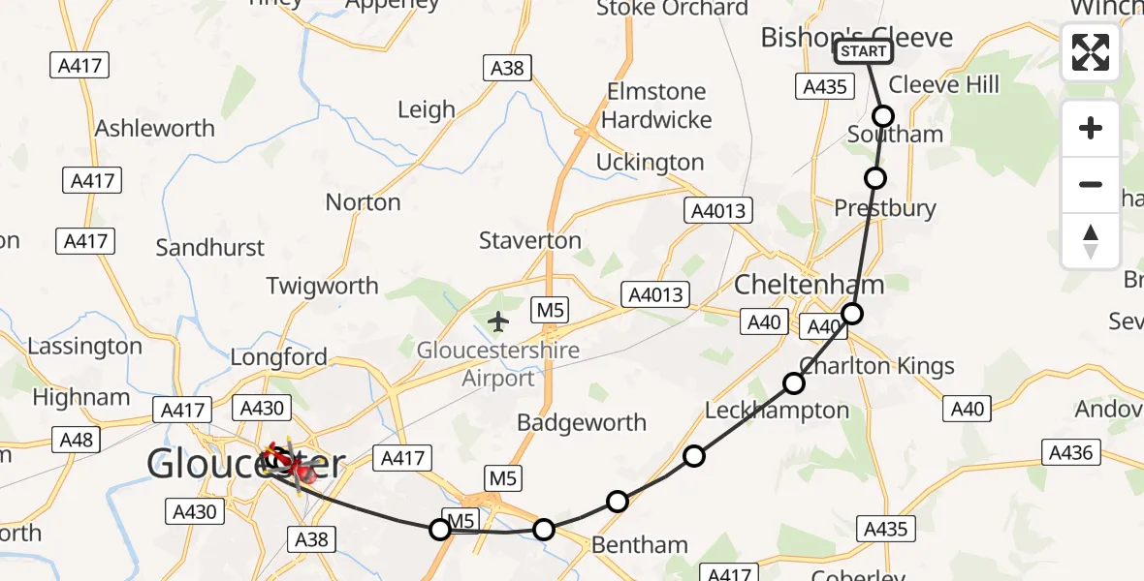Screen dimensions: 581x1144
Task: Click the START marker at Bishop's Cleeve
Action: pos(863,51)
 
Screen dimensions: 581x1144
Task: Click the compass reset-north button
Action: pos(1091,241)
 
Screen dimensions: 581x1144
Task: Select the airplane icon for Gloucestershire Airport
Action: pos(499,321)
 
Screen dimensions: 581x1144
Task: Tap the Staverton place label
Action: pos(529,240)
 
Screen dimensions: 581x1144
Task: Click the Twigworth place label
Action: pos(323,286)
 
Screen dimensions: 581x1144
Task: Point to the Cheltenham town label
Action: pos(810,285)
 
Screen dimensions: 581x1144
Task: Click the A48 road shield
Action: pos(76,441)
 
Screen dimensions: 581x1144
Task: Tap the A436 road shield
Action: pos(1070,451)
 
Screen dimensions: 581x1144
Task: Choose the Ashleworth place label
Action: pos(155,129)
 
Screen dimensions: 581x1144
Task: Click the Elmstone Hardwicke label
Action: pos(658,106)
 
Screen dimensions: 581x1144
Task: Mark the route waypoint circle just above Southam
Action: pos(883,116)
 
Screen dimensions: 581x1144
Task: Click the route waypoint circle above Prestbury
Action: pos(875,177)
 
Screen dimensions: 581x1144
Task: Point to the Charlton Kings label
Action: pos(876,366)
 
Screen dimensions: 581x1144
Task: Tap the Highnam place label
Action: pos(81,397)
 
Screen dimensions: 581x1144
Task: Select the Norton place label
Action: pos(363,202)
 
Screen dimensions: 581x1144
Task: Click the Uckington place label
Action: pos(650,162)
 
